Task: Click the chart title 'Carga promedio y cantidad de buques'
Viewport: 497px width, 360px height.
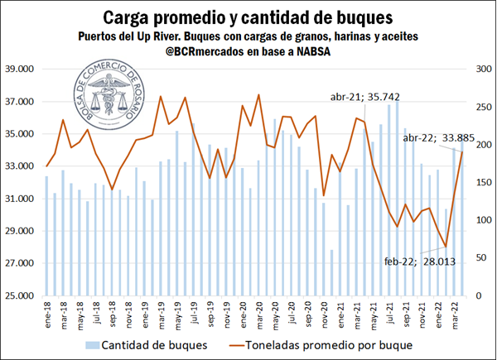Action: (x=248, y=17)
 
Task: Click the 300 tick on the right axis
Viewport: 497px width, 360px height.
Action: (x=478, y=70)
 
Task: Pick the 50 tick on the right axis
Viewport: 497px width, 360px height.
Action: (x=475, y=258)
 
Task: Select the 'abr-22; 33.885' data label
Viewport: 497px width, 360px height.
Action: (x=440, y=138)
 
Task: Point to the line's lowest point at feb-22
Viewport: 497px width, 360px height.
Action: (x=446, y=247)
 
